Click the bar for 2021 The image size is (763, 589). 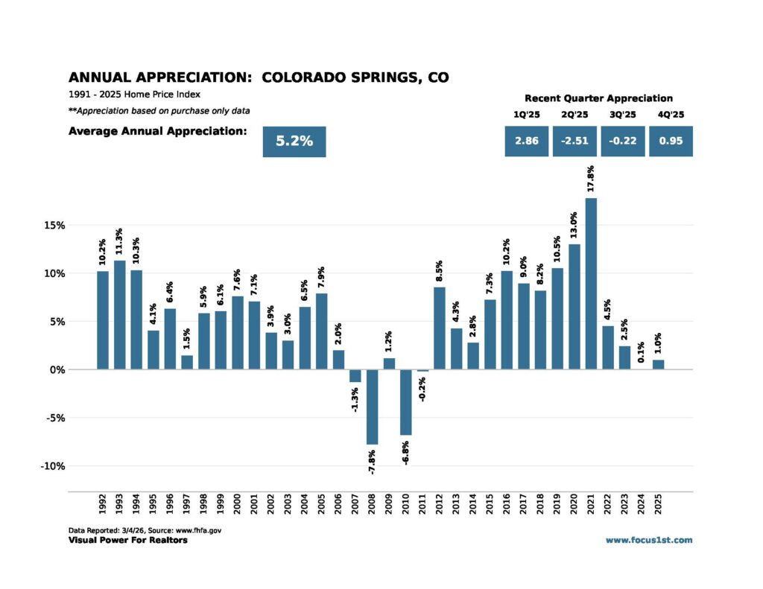(592, 284)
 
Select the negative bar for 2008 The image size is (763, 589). (372, 407)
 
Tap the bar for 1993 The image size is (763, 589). (119, 315)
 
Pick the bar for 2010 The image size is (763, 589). (406, 402)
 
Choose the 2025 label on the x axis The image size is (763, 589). (659, 506)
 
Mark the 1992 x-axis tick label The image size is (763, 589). (103, 506)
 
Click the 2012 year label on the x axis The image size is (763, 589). (440, 506)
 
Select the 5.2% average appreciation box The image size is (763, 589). (294, 141)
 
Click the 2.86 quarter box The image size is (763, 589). (527, 141)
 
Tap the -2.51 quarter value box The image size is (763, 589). (575, 141)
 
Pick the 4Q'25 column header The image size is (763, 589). (671, 115)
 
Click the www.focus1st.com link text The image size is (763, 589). (648, 540)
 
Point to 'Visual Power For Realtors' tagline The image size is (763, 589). (127, 540)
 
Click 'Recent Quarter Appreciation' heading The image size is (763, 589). (598, 98)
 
